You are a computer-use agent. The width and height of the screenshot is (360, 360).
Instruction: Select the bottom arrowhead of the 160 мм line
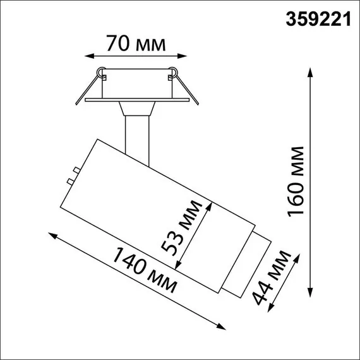[x=309, y=292]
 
